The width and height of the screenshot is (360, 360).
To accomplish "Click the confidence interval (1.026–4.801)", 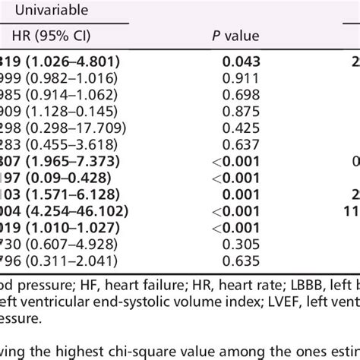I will pyautogui.click(x=72, y=62).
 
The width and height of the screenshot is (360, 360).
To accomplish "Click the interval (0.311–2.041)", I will pyautogui.click(x=66, y=262).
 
